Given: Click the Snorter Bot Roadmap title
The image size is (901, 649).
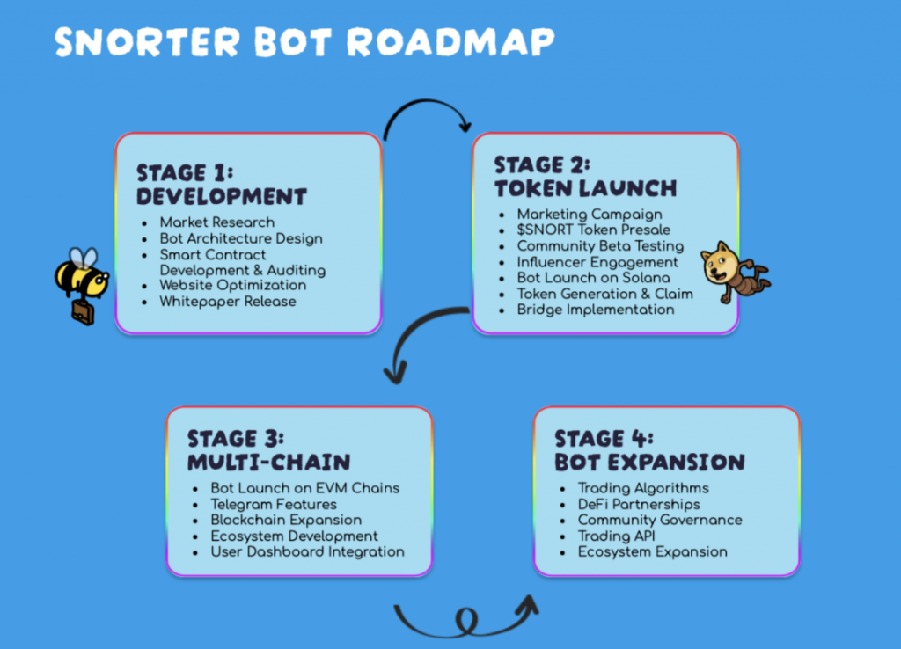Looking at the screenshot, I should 304,42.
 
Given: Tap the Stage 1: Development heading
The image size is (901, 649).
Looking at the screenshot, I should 221,184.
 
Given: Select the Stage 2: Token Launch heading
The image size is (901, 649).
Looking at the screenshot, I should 585,177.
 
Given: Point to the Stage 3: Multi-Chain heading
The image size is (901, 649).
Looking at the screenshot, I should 268,449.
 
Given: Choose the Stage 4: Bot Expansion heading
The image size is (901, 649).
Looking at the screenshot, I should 649,450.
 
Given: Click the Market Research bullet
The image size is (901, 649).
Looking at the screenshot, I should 216,222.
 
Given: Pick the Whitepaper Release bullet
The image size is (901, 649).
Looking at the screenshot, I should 227,302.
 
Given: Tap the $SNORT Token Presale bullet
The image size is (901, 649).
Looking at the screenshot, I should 593,230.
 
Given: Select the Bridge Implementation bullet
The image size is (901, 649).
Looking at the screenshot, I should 596,309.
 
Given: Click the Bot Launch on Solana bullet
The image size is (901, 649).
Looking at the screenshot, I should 593,278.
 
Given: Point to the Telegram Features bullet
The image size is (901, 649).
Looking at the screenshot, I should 273,504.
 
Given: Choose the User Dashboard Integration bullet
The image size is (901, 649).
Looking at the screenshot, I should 307,551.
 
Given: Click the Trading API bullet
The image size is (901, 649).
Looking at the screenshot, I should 616,536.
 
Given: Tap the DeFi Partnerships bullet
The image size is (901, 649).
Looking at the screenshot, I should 639,504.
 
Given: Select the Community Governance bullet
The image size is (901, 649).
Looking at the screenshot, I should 659,520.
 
